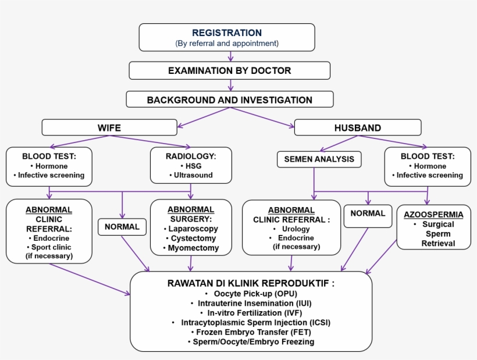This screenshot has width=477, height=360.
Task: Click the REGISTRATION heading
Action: [x=227, y=33]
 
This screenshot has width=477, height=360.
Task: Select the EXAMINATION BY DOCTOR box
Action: [x=229, y=70]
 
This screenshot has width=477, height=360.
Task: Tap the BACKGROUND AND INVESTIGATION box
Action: [x=229, y=100]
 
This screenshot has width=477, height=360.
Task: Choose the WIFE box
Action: [x=109, y=127]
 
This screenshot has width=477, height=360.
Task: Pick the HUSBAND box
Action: [x=358, y=127]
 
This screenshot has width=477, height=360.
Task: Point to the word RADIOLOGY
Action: [x=190, y=156]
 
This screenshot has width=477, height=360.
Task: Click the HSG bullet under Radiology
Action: [x=191, y=166]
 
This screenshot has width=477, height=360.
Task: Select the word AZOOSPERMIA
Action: [x=433, y=214]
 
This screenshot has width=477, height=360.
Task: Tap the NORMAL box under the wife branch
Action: [x=122, y=227]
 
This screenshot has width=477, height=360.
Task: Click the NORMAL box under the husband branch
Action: [x=368, y=213]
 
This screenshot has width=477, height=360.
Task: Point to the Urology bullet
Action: [x=291, y=229]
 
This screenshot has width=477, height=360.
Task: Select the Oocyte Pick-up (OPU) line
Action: [x=251, y=294]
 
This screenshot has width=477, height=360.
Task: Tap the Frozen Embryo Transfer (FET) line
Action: [x=251, y=332]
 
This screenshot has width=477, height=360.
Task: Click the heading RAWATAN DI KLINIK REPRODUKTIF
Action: [x=251, y=283]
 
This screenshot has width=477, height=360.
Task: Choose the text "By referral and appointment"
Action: [x=227, y=43]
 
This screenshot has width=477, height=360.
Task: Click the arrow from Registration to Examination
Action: [x=231, y=56]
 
